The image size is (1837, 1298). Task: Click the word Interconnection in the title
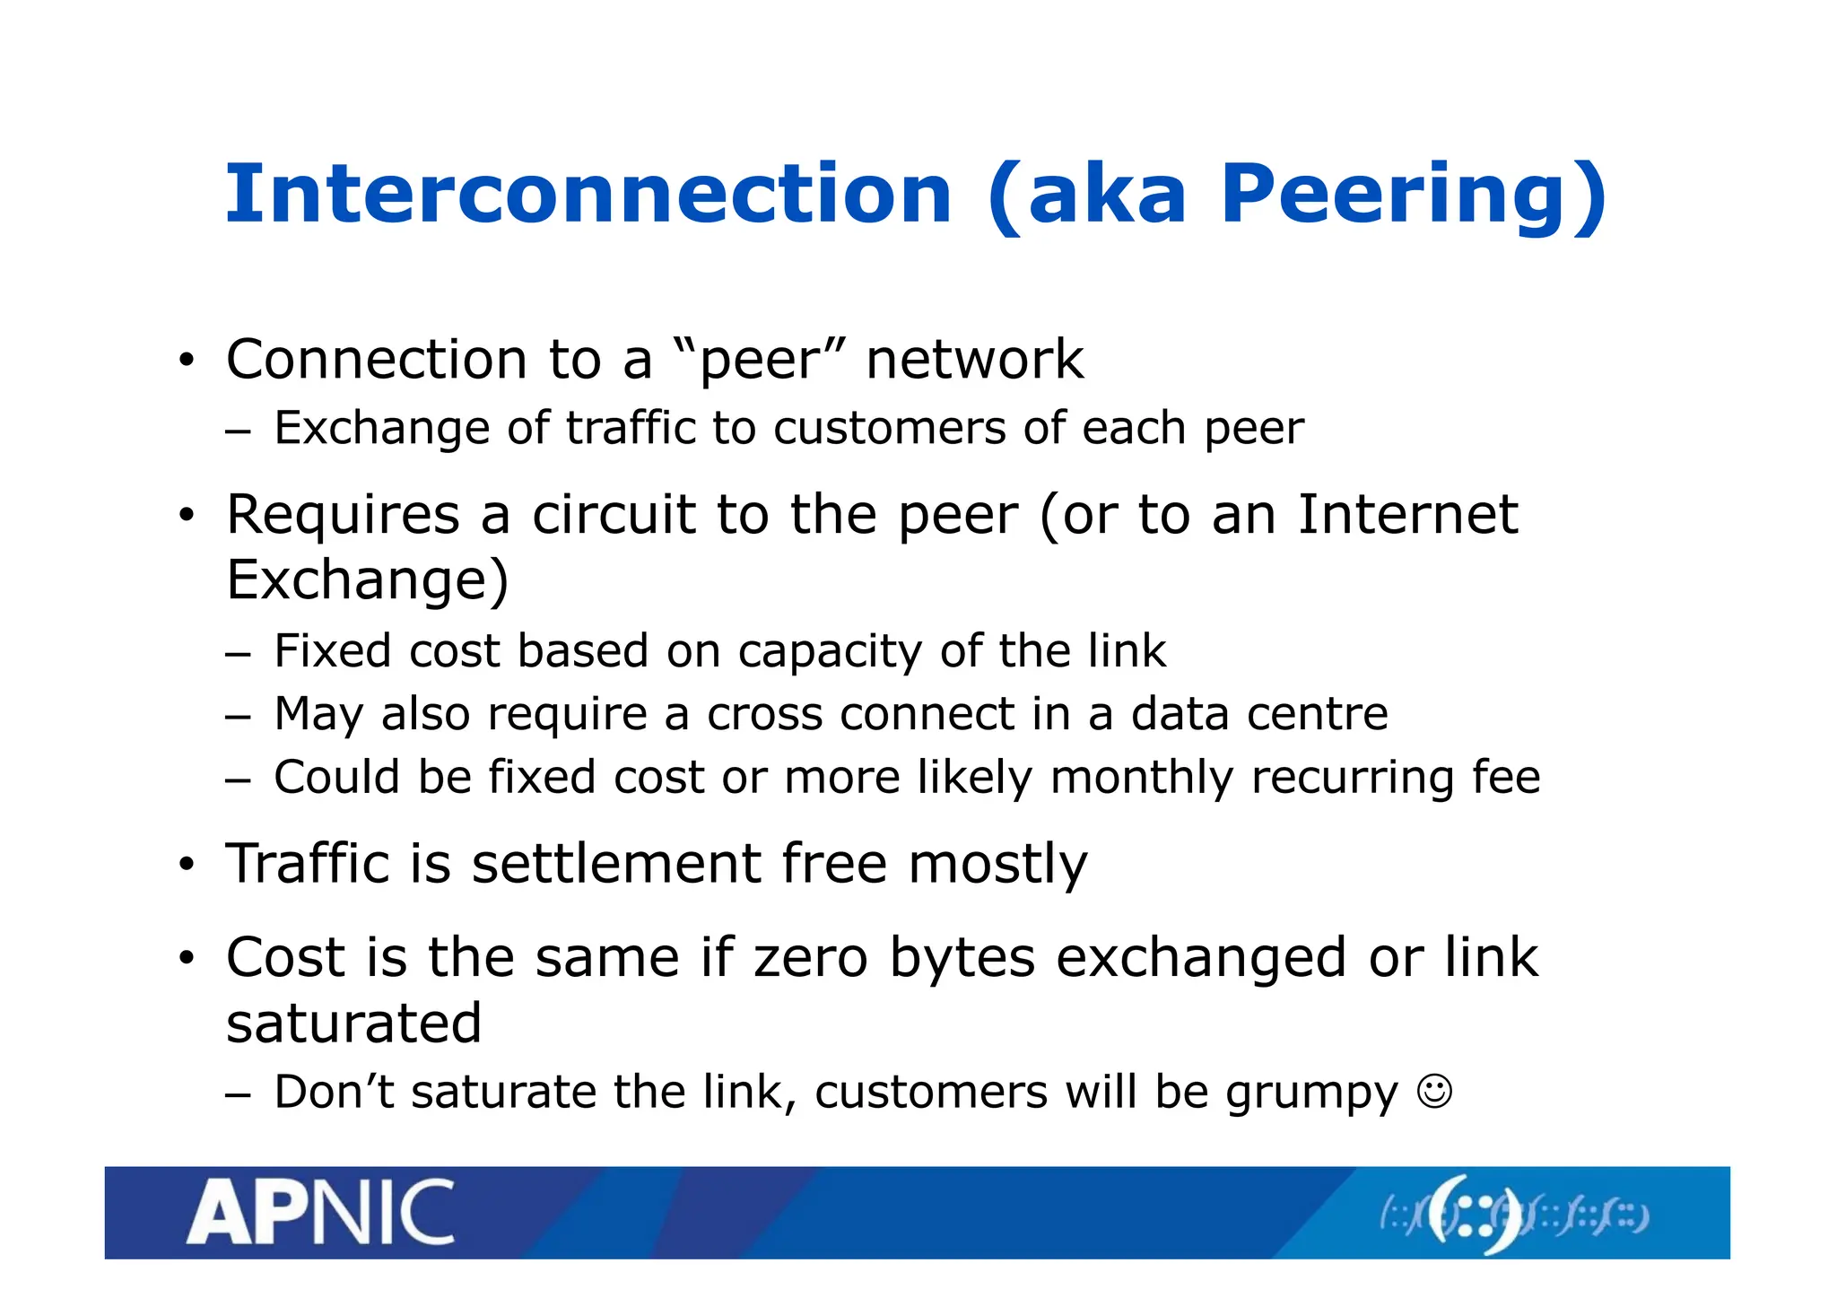point(588,195)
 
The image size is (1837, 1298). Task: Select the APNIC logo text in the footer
point(320,1213)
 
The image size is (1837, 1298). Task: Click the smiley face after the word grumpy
point(1434,1092)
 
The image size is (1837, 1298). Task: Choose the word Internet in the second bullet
point(1407,515)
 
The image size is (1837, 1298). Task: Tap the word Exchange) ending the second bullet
point(368,580)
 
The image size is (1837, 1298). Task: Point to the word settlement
point(616,864)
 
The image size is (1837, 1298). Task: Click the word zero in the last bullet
point(811,957)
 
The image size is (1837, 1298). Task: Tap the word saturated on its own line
point(354,1024)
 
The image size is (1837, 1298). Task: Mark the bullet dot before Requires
point(186,517)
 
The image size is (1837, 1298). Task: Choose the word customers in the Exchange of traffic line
point(890,429)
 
